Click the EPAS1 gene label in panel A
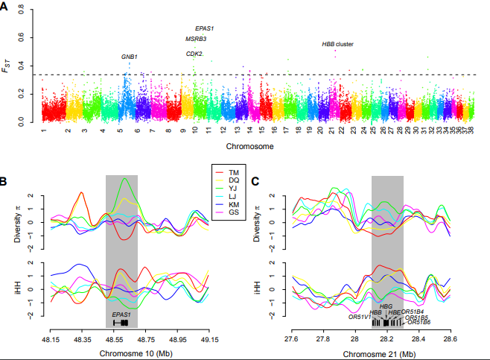(x=204, y=28)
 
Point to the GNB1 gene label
(x=130, y=57)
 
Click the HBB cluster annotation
(x=337, y=44)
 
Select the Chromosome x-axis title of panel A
(x=249, y=146)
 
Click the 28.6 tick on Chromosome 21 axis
(x=450, y=338)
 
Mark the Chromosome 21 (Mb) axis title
(x=370, y=351)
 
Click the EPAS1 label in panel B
(x=121, y=315)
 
